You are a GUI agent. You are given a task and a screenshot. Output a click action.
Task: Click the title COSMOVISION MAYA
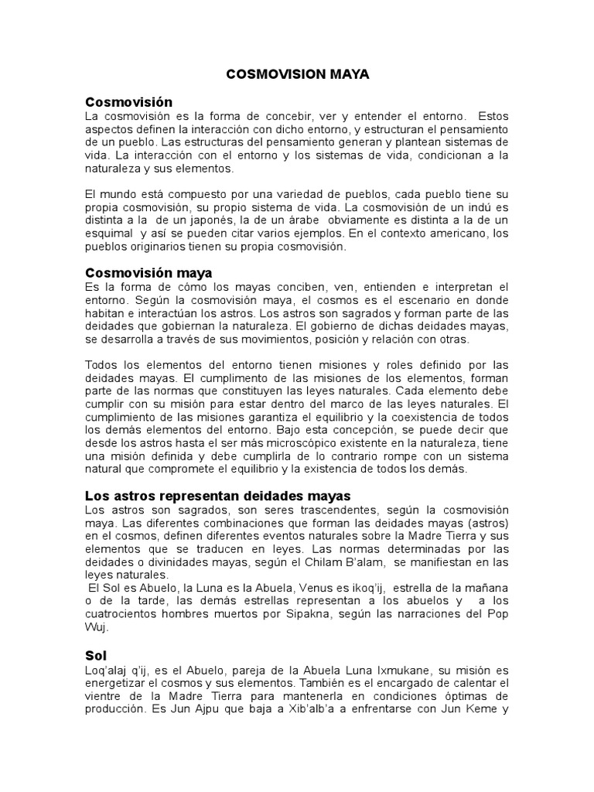point(297,75)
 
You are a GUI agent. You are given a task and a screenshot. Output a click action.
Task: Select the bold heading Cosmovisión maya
point(148,273)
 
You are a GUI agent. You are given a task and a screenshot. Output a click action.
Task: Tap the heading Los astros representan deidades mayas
point(217,495)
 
